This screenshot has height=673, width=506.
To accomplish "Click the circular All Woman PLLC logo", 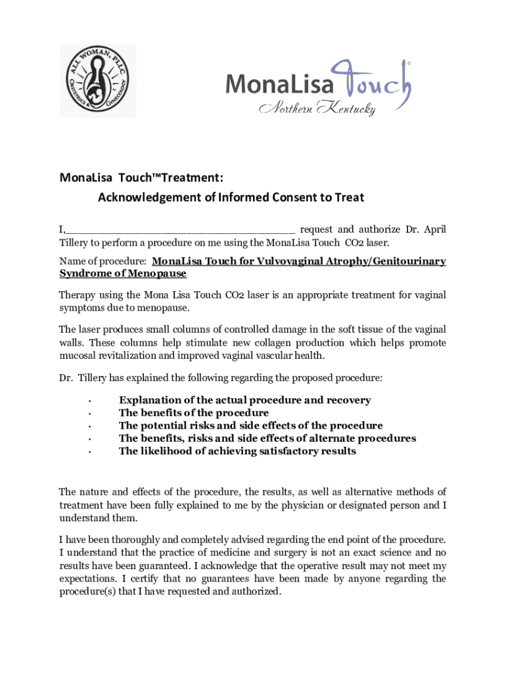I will click(x=98, y=80).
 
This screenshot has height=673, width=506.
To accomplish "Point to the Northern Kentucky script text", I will click(x=318, y=108).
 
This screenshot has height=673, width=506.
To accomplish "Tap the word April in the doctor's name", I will click(x=434, y=229).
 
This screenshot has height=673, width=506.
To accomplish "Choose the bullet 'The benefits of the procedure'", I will click(x=193, y=413).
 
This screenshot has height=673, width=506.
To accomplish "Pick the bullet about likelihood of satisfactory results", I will click(x=237, y=451).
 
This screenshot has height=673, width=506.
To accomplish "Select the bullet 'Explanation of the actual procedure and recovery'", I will click(x=244, y=400).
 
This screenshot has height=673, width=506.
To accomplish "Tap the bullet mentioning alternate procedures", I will click(x=267, y=438).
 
